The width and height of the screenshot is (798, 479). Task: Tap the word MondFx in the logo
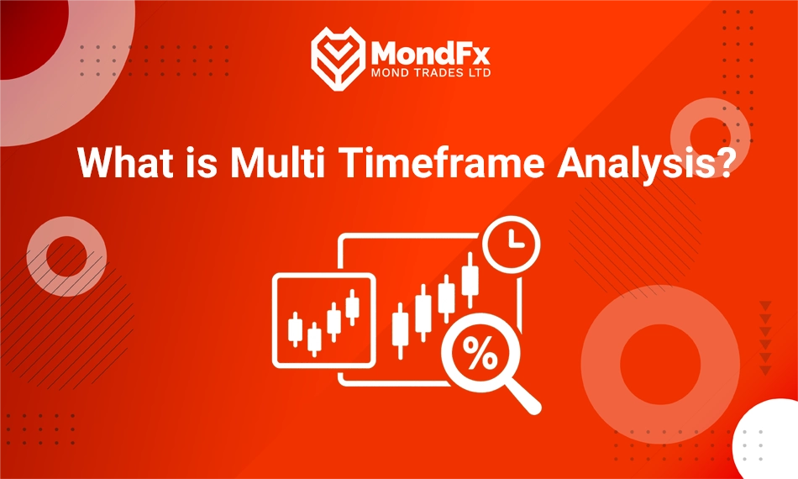[x=430, y=52]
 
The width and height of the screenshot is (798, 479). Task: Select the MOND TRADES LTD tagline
[x=430, y=73]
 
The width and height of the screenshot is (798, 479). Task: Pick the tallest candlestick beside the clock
[x=470, y=278]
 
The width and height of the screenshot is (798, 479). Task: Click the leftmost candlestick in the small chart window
[x=295, y=329]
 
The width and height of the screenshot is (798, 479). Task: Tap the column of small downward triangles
[x=764, y=336]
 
